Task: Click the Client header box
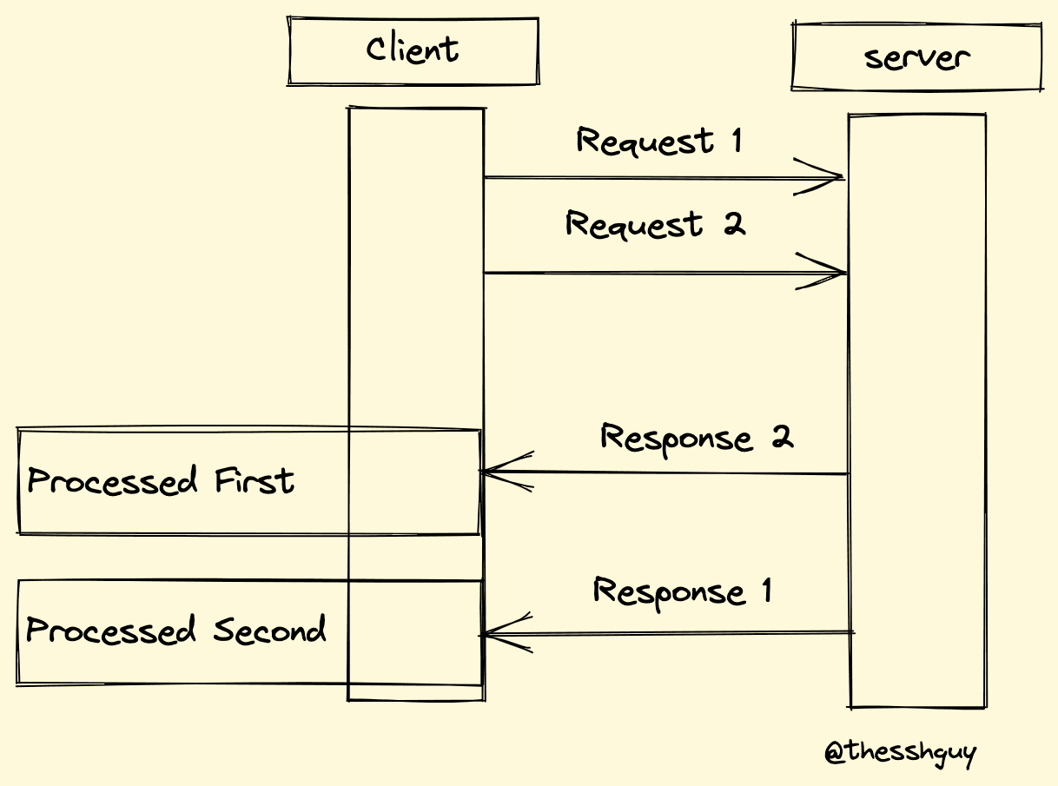pos(413,50)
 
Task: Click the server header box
pos(916,57)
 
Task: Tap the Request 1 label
pos(659,142)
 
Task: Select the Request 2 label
pos(655,225)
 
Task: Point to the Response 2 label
pos(697,437)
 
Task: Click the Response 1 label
pos(683,592)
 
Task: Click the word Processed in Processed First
pos(101,481)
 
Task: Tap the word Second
pos(270,630)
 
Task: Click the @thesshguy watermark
pos(900,752)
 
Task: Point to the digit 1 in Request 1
pos(737,140)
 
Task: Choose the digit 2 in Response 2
pos(783,435)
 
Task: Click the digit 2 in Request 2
pos(734,224)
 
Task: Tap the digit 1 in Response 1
pos(766,591)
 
